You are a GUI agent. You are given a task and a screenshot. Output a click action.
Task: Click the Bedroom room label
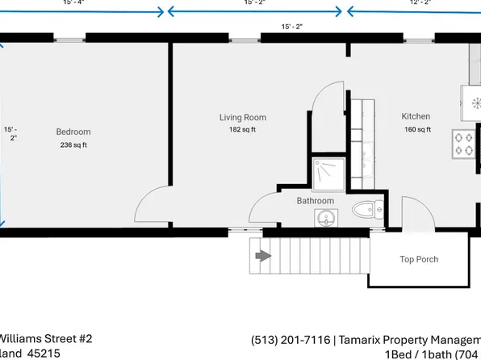[x=73, y=132]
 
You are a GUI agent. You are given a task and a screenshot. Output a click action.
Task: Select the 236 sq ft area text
[x=73, y=145]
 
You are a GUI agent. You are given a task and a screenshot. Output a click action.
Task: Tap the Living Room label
[x=242, y=117]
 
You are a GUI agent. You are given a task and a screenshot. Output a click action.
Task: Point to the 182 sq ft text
[x=242, y=129]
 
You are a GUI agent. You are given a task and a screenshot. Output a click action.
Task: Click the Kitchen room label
[x=416, y=116]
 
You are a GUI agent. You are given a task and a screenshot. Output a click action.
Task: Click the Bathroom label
[x=315, y=200]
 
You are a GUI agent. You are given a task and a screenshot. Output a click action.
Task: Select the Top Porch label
[x=419, y=260]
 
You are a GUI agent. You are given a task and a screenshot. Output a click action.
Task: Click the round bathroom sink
[x=326, y=218]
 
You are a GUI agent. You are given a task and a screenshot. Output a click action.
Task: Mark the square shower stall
[x=329, y=171]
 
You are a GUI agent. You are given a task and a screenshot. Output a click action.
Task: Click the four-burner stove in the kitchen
[x=465, y=144]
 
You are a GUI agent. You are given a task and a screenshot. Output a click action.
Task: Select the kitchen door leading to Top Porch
[x=417, y=213]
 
